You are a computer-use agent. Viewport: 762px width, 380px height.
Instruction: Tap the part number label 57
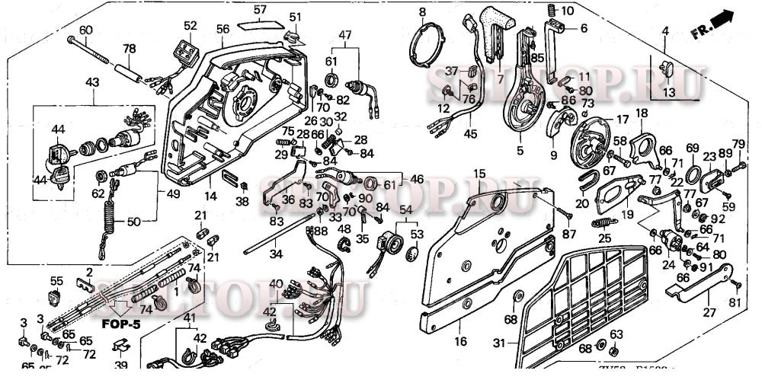(x=260, y=10)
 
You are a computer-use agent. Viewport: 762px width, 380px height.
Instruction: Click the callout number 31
(x=499, y=343)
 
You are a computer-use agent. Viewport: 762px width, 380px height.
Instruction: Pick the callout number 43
(x=92, y=81)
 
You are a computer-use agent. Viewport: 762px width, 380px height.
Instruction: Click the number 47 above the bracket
(x=345, y=35)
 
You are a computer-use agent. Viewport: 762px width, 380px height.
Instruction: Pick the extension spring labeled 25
(x=605, y=222)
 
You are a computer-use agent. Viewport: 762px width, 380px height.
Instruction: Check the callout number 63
(x=616, y=333)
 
